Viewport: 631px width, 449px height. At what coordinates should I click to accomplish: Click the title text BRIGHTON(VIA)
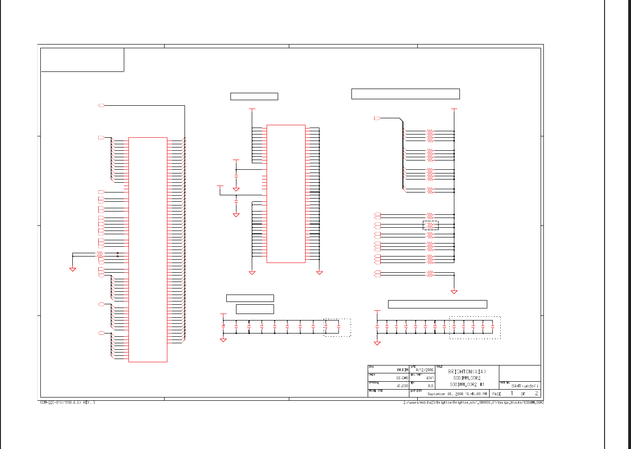click(x=467, y=372)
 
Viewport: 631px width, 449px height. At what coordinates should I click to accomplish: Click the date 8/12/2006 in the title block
click(x=425, y=370)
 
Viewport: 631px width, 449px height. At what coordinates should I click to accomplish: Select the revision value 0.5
click(x=431, y=386)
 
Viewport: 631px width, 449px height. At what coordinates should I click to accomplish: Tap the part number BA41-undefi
click(x=525, y=386)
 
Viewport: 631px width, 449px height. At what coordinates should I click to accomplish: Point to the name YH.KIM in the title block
click(x=402, y=370)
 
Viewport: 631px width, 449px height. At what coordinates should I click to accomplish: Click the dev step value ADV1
click(x=430, y=378)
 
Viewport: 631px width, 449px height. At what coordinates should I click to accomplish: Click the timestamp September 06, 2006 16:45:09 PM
click(x=457, y=394)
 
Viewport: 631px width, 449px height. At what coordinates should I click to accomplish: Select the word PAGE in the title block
click(x=497, y=394)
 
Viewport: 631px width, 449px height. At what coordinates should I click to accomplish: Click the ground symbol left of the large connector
click(x=72, y=269)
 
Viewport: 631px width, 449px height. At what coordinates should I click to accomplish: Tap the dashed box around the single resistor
click(x=431, y=225)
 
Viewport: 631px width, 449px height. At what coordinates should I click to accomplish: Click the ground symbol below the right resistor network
click(x=454, y=292)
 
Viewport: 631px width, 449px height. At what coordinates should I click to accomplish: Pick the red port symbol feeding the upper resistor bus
click(x=377, y=118)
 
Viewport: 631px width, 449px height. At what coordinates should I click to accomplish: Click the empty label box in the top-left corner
click(x=83, y=60)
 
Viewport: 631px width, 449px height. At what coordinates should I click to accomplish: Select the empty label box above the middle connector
click(x=254, y=96)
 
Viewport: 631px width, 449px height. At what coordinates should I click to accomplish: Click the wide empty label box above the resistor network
click(x=405, y=94)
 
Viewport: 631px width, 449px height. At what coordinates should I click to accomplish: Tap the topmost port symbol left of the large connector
click(x=102, y=106)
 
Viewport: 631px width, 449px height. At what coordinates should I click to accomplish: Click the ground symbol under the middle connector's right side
click(x=319, y=273)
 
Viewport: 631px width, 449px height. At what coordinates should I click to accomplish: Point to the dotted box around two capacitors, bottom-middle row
click(x=337, y=327)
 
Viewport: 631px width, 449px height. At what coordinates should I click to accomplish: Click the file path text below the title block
click(x=473, y=403)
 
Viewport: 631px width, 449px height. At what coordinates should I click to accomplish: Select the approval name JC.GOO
click(x=402, y=386)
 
